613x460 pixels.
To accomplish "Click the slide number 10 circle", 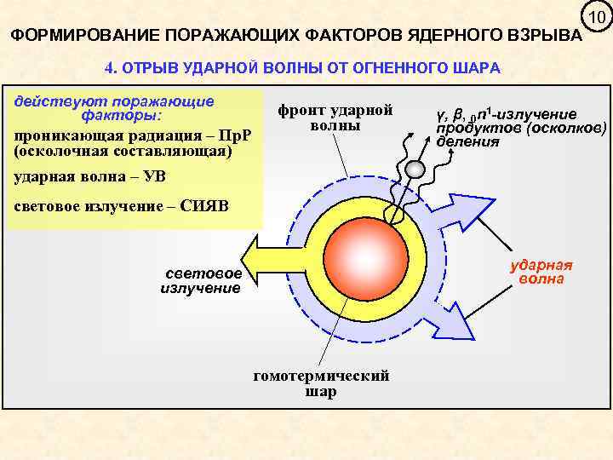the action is tap(595, 18).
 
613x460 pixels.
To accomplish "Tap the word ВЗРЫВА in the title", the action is tap(541, 37).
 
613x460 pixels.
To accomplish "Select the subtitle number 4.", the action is tap(108, 67).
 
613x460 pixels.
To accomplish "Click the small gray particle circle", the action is tap(413, 169).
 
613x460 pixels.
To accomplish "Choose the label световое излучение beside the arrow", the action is tap(202, 281).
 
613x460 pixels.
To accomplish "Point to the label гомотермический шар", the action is tap(321, 383).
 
